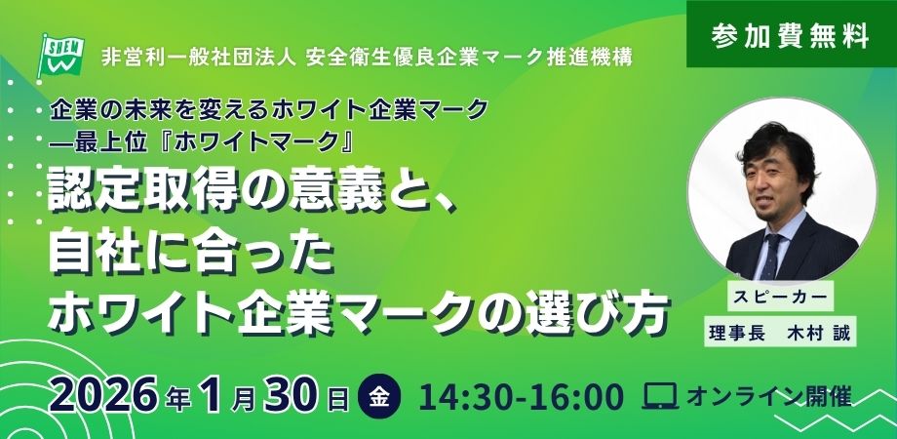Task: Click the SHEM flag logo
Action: click(60, 56)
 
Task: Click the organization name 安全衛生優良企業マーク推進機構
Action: click(469, 58)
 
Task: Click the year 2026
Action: click(102, 397)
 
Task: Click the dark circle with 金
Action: click(379, 397)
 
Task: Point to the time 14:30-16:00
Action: click(522, 397)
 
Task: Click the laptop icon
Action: click(660, 396)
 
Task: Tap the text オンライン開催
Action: click(769, 397)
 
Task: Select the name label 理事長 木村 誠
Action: click(780, 332)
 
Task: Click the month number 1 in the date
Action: click(213, 397)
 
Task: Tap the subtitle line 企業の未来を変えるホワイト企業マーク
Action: click(269, 110)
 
